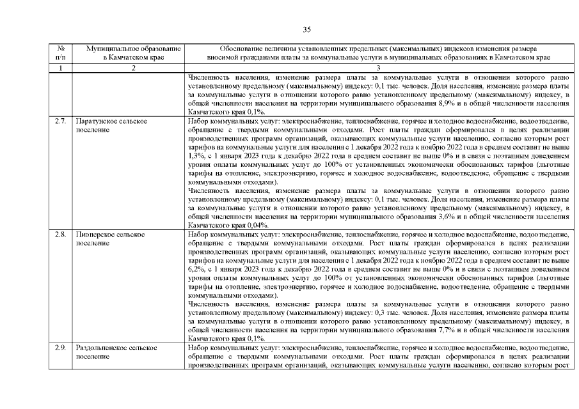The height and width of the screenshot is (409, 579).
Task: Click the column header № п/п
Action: (60, 53)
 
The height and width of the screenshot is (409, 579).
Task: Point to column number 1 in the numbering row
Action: (60, 68)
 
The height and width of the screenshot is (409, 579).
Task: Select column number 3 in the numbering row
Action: (378, 68)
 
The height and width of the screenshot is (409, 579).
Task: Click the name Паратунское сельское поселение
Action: (111, 125)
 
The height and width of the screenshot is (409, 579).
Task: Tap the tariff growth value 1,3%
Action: (196, 155)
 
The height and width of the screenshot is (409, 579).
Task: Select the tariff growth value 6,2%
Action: (196, 268)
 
